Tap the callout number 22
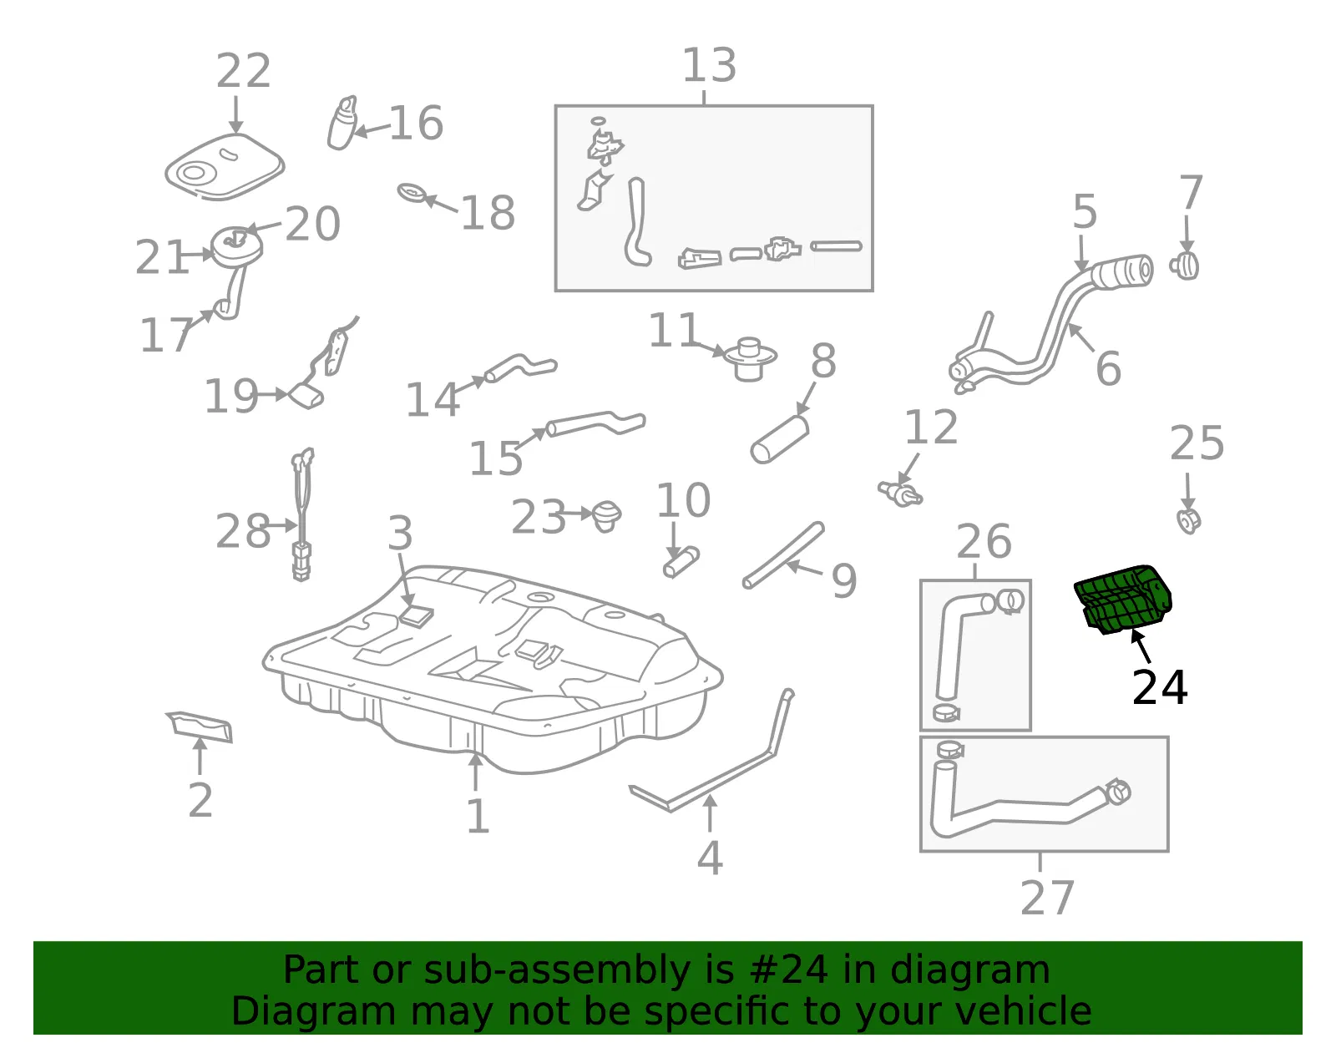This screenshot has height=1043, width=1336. click(x=244, y=71)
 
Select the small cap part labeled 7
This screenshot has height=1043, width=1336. click(x=1184, y=266)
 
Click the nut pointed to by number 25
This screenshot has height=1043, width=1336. click(x=1188, y=521)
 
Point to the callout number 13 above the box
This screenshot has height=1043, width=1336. click(x=710, y=65)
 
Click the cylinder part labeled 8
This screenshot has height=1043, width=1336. click(x=779, y=439)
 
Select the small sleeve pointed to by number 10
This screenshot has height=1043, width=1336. click(x=681, y=562)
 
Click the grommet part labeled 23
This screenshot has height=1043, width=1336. click(x=606, y=516)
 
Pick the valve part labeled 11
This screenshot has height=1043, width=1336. click(x=750, y=359)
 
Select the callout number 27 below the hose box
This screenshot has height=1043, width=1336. click(x=1047, y=898)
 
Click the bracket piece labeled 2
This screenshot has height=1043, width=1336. click(x=200, y=727)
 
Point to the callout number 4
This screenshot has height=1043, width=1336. click(x=710, y=858)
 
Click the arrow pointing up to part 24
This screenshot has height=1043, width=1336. click(x=1141, y=646)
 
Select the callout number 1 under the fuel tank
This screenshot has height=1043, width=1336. click(x=478, y=816)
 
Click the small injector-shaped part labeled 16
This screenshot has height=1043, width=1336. click(x=342, y=123)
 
